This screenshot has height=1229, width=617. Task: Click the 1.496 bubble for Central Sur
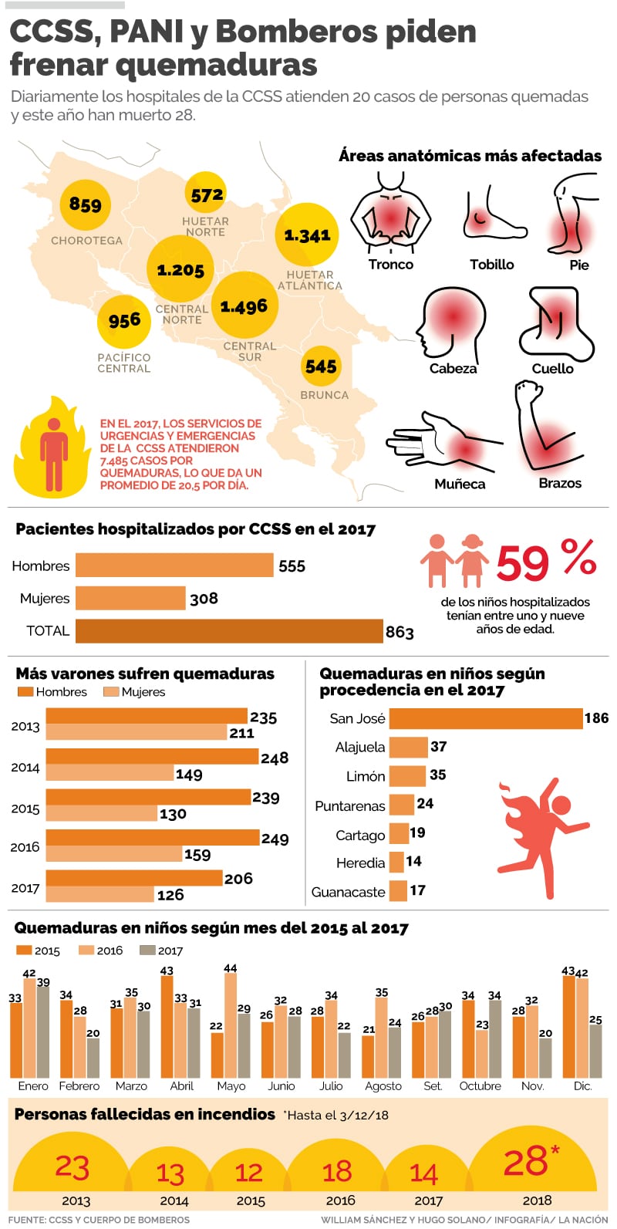(244, 306)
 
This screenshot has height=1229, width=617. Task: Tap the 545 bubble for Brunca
(321, 366)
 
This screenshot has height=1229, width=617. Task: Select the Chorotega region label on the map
(86, 241)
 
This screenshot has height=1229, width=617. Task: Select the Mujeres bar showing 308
(130, 598)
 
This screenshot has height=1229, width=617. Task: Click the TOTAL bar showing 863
(229, 630)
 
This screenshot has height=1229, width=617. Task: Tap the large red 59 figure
(523, 563)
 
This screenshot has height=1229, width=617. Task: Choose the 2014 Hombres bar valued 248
(152, 757)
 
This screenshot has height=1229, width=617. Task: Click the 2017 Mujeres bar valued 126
(99, 894)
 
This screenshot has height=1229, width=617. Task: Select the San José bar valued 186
(486, 718)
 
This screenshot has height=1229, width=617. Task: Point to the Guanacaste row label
(348, 892)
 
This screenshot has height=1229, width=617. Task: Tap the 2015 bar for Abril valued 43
(167, 1027)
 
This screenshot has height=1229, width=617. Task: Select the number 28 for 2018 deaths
(525, 1162)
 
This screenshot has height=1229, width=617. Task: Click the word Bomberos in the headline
(297, 32)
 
